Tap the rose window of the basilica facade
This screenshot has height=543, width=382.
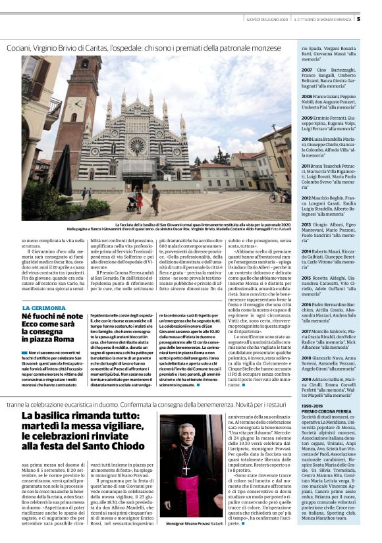137,144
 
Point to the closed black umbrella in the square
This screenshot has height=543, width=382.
63,170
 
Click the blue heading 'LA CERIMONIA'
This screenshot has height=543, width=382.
43,308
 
